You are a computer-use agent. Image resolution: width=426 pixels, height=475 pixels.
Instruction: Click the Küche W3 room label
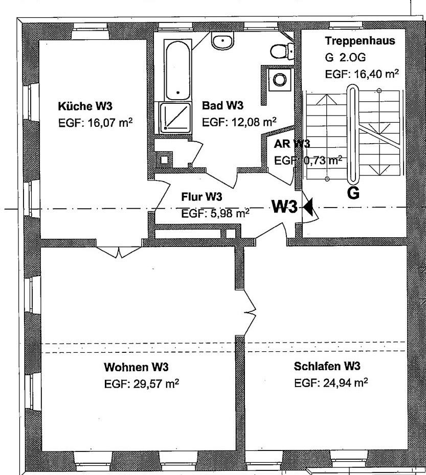pyautogui.click(x=85, y=106)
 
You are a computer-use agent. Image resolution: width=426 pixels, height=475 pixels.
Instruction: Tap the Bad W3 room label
pyautogui.click(x=222, y=106)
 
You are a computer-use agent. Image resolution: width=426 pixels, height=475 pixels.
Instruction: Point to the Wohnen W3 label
pyautogui.click(x=137, y=367)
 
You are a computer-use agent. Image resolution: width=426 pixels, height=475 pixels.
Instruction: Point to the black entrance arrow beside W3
pyautogui.click(x=308, y=207)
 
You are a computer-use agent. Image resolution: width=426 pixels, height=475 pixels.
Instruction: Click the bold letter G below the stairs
pyautogui.click(x=353, y=193)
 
